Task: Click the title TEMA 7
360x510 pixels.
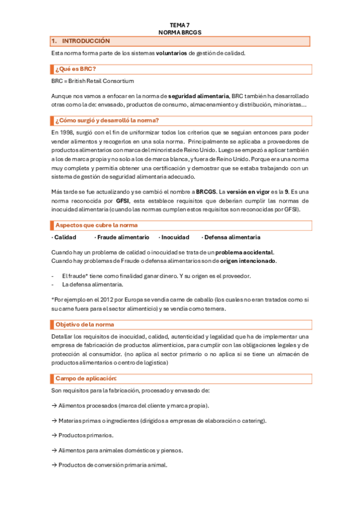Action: (x=179, y=25)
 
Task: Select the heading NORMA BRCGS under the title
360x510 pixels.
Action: (x=179, y=32)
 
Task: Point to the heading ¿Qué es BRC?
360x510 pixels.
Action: (x=76, y=69)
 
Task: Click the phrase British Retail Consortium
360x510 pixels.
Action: (x=102, y=81)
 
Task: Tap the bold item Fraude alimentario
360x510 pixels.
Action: (x=119, y=238)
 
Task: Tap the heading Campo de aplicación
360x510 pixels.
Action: (x=86, y=378)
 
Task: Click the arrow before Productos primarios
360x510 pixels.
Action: (x=54, y=435)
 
